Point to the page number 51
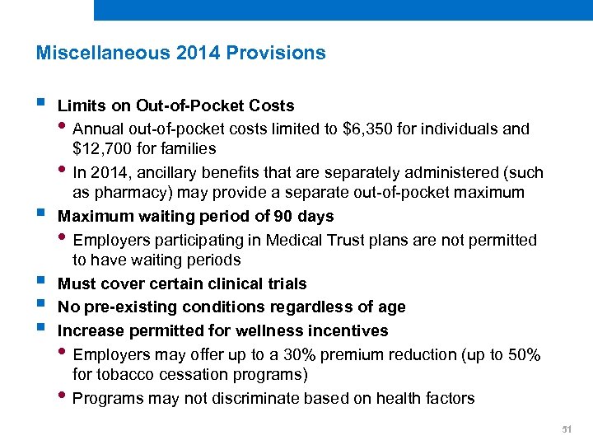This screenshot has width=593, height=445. point(566,429)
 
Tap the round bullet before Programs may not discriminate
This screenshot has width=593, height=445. point(65,398)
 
